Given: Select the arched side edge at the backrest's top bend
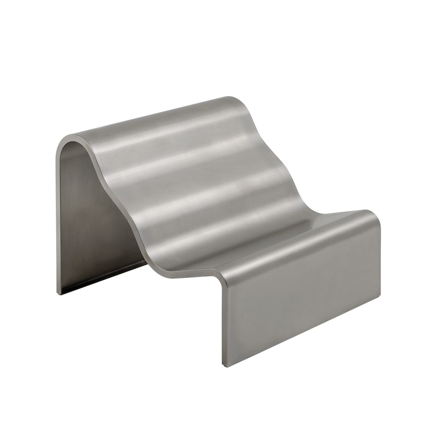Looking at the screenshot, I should point(72,139).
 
